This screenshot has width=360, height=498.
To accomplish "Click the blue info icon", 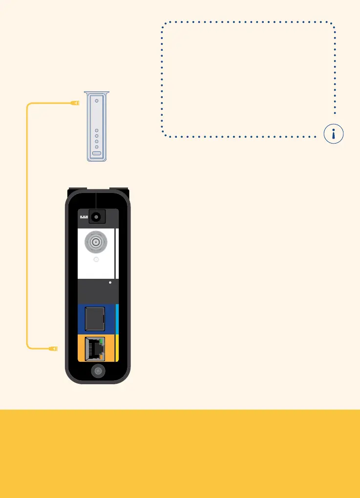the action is click(333, 134).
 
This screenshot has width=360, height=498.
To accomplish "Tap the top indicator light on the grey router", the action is click(97, 101).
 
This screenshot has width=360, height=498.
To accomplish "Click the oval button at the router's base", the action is click(97, 153).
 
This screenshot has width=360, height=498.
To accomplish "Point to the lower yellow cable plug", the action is click(54, 348).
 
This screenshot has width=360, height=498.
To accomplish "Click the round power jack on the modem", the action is click(97, 216).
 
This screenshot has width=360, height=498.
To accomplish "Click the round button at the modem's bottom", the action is click(98, 371).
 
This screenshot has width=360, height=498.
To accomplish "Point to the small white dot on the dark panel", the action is click(110, 282).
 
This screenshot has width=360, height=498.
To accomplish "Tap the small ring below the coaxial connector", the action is click(96, 261).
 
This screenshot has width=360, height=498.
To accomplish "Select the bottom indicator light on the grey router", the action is click(97, 147).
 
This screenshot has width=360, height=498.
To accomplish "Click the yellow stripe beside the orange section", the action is click(117, 348).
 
